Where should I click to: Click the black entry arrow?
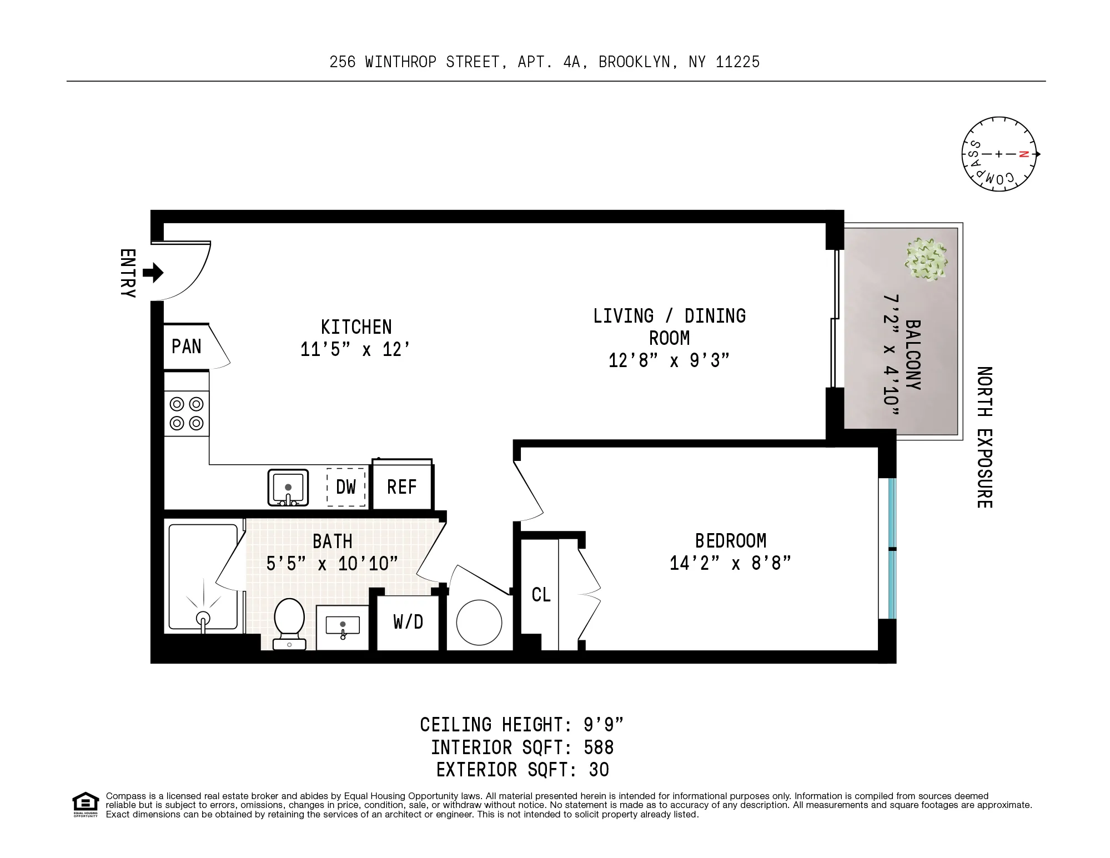pos(153,273)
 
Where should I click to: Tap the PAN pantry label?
pos(186,347)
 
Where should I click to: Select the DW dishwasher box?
pos(346,487)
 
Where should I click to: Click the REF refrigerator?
pos(402,487)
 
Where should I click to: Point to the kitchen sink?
pos(288,487)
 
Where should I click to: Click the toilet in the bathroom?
pos(289,623)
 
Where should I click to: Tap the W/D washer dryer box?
pos(408,622)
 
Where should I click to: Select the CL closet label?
pos(541,595)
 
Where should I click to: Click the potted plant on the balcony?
pos(926,259)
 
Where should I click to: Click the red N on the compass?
pos(1024,154)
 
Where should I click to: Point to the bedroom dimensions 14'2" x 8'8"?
pos(730,564)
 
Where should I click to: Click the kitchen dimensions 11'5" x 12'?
pos(355,349)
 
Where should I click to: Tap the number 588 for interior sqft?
pos(599,747)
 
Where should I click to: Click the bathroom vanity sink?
pos(342,626)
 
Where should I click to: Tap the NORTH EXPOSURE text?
pos(984,437)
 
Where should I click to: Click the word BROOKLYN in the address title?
pos(635,62)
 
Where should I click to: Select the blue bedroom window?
pos(892,548)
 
